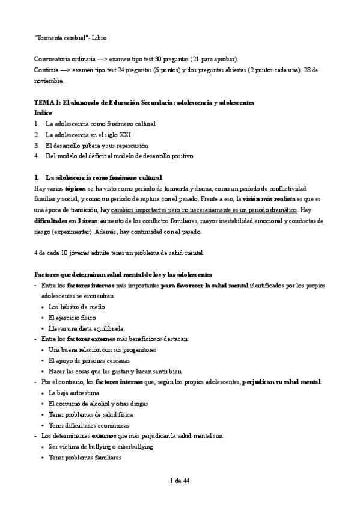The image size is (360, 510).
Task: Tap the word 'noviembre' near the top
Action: (49, 81)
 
